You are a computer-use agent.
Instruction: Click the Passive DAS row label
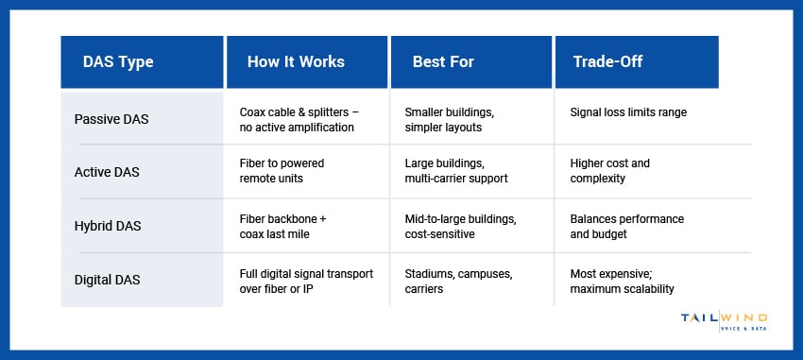111,119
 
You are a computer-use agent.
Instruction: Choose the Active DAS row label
107,172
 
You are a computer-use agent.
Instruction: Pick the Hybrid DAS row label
108,226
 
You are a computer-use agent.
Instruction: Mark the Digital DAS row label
107,280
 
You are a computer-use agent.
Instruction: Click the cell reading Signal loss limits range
628,112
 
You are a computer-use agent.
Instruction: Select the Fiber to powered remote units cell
282,170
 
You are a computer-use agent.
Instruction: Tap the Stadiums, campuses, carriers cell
458,282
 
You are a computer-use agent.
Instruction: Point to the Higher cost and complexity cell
609,170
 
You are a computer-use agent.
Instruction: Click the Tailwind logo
724,321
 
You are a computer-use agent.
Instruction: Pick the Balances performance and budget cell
627,227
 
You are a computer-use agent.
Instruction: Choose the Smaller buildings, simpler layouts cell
449,119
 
